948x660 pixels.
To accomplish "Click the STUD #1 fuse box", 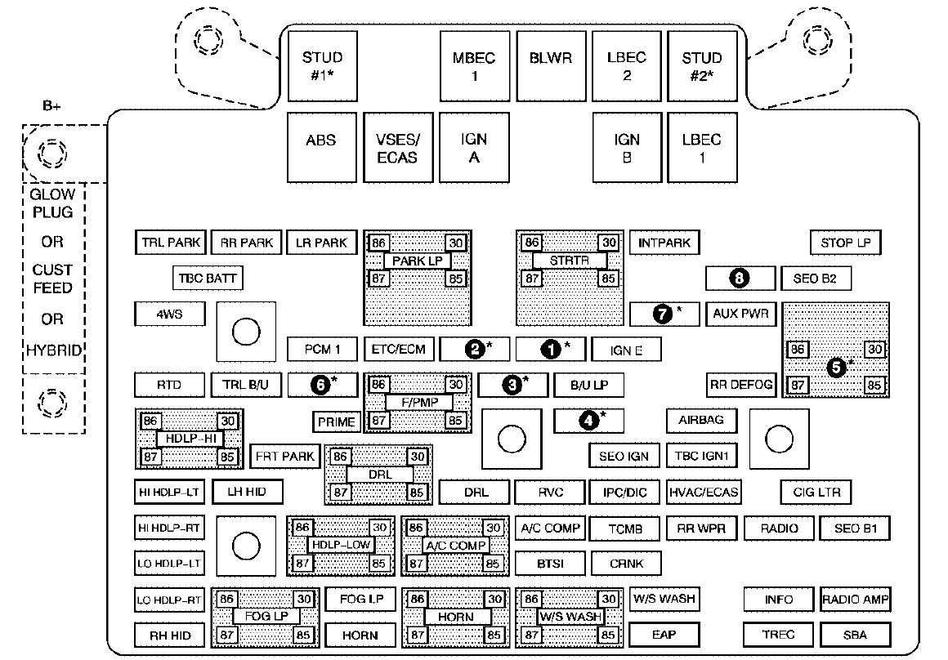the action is click(322, 66).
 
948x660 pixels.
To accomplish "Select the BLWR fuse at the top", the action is click(551, 66).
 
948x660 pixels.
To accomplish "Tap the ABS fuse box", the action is click(322, 148).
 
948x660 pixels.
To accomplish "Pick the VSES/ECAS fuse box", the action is click(399, 148).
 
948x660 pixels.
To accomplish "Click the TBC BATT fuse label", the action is click(208, 279).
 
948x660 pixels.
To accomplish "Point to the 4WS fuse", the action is click(169, 314).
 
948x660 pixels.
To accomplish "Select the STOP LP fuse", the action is click(845, 243).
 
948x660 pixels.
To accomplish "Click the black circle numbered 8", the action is click(740, 279).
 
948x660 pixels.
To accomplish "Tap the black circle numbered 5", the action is click(837, 367).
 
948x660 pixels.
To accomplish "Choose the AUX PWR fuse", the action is click(740, 314).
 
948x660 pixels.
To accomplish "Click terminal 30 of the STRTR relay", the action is click(608, 243).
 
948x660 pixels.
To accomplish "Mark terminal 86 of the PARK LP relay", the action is click(378, 243).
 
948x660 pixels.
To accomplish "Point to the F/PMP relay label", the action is click(419, 403).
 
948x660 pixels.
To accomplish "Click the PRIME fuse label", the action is click(336, 421).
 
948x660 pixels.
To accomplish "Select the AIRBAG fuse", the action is click(701, 421).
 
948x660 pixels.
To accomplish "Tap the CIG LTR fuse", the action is click(816, 492).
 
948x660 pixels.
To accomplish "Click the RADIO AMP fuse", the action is click(855, 600).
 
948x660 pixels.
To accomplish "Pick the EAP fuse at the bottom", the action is click(664, 635).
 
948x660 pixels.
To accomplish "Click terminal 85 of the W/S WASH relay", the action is click(607, 635).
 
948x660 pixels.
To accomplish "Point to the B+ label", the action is click(52, 105).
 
